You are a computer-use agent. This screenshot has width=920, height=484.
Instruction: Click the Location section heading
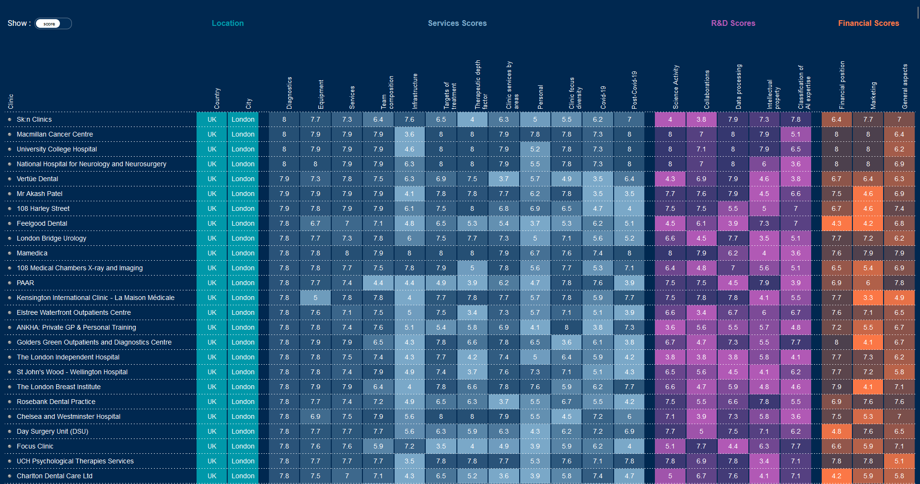point(228,23)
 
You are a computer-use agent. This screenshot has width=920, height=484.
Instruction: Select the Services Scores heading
point(457,23)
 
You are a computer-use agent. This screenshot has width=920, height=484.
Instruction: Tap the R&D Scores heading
point(733,23)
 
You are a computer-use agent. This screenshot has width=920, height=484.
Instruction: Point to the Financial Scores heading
point(868,23)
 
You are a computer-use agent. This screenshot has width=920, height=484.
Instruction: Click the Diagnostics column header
point(289,93)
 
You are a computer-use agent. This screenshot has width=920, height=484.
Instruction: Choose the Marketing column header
point(873,95)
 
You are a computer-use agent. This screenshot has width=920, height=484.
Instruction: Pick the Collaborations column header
point(707,90)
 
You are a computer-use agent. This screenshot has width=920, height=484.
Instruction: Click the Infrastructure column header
point(415,91)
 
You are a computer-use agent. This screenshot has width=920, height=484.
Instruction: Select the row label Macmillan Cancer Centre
point(55,134)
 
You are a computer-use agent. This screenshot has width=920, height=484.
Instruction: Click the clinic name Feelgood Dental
point(42,223)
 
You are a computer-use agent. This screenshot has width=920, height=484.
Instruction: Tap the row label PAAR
point(25,283)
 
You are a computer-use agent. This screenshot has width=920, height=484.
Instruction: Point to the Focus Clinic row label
point(35,446)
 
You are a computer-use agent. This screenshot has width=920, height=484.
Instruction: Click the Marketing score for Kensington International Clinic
point(868,298)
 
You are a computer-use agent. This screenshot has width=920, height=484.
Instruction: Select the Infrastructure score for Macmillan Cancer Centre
point(409,134)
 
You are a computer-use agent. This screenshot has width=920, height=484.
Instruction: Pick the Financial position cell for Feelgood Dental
point(836,223)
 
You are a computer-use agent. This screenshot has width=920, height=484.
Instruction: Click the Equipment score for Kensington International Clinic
point(315,298)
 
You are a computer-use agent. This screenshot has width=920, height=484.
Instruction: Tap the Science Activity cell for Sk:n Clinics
point(670,119)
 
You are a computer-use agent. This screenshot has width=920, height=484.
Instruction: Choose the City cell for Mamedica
point(243,253)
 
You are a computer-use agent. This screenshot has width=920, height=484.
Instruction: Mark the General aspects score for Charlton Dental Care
point(899,476)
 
